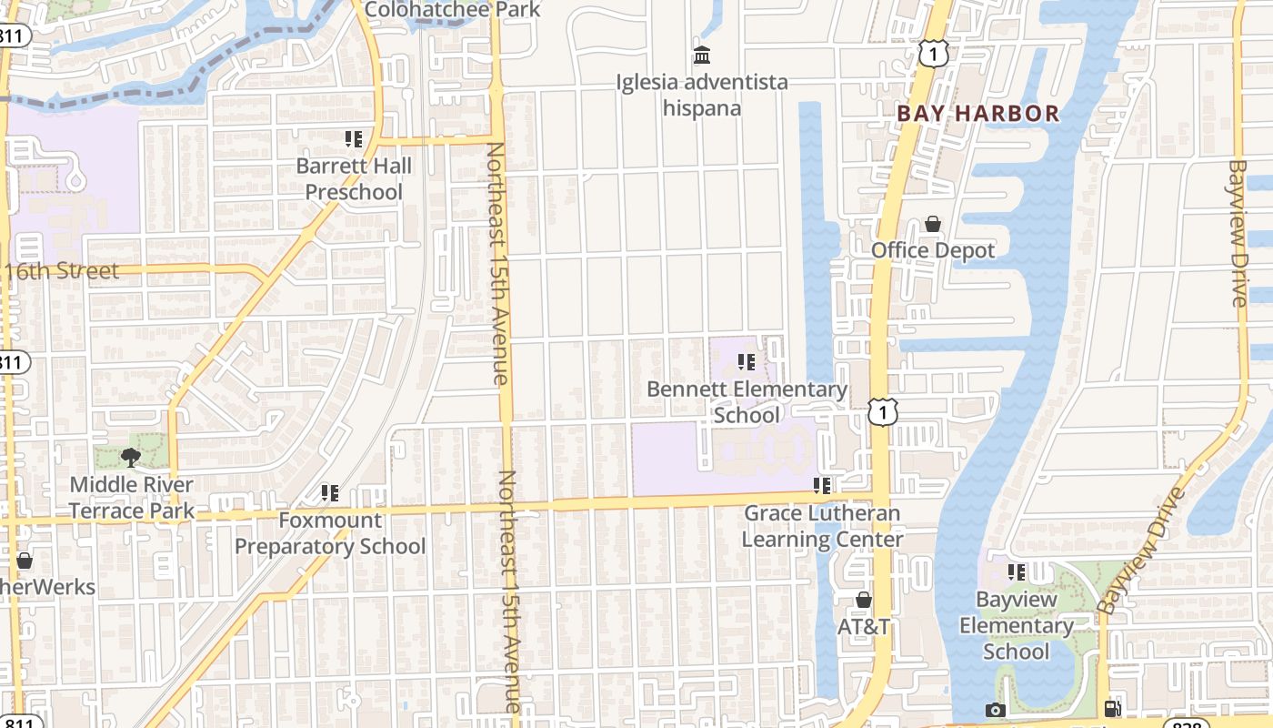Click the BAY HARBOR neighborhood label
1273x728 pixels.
[x=977, y=114]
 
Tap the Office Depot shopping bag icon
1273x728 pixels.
[x=933, y=224]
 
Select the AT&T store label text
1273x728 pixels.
[x=863, y=627]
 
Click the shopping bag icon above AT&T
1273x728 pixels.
[x=864, y=601]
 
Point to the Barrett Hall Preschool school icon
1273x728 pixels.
[x=354, y=139]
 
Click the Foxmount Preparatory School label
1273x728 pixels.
[x=330, y=533]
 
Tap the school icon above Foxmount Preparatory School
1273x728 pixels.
[x=330, y=493]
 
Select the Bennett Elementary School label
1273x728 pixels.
[x=747, y=402]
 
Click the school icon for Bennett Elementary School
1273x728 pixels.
[x=747, y=362]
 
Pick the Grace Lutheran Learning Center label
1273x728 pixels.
[x=823, y=526]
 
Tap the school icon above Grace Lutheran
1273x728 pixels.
[x=823, y=486]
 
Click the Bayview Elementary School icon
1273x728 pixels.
[x=1017, y=572]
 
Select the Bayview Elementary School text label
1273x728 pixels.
[x=1017, y=626]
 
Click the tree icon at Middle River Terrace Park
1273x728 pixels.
[x=131, y=457]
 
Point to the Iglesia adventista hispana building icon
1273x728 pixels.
[x=702, y=56]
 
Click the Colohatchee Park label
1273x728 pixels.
[x=452, y=10]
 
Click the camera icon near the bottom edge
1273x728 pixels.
[x=996, y=710]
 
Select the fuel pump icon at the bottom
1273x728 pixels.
[x=1112, y=710]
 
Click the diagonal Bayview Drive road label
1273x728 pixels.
[x=1141, y=552]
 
